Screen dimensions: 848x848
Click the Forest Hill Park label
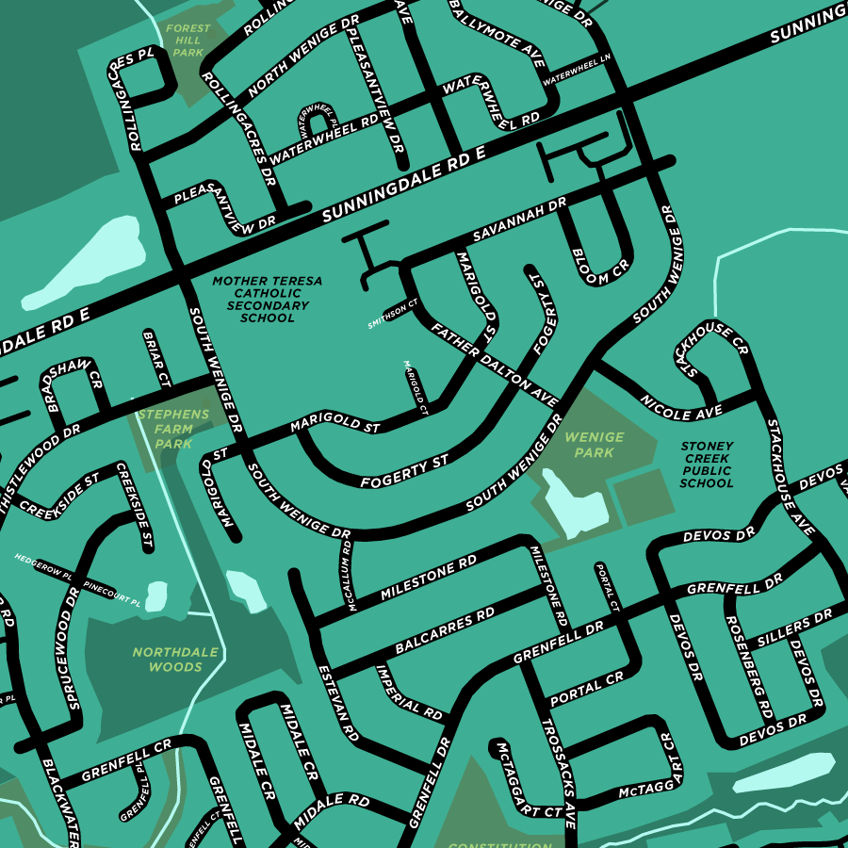coord(188,41)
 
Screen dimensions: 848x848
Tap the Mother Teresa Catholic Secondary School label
coord(267,300)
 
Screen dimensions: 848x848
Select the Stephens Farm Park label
coord(173,429)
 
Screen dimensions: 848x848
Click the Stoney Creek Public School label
coord(707,465)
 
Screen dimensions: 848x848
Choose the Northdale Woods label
coord(175,660)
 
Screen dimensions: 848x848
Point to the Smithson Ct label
coord(392,314)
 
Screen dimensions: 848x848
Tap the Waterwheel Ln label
coord(577,67)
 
